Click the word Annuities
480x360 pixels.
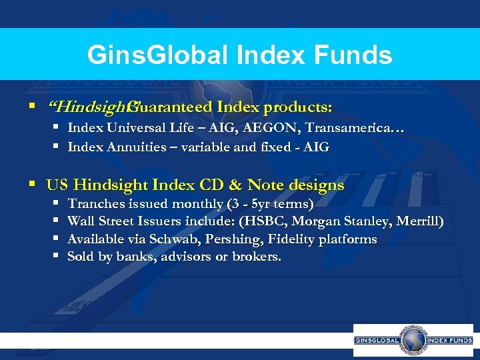[132, 147]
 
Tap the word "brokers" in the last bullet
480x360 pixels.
[256, 256]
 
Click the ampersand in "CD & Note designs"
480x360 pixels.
[237, 185]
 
